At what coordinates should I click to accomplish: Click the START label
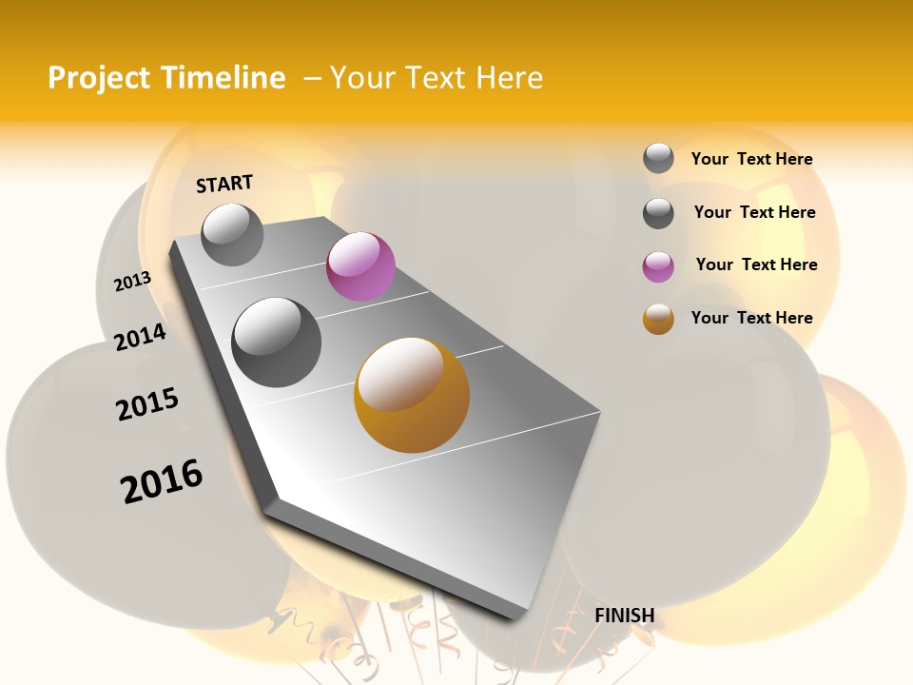pyautogui.click(x=224, y=184)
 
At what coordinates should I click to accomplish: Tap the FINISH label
pyautogui.click(x=624, y=616)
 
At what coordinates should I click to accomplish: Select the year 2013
pyautogui.click(x=132, y=282)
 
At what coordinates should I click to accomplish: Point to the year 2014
pyautogui.click(x=140, y=337)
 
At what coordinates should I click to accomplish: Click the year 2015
pyautogui.click(x=147, y=404)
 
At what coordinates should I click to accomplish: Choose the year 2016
pyautogui.click(x=162, y=480)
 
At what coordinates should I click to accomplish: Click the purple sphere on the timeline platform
pyautogui.click(x=360, y=266)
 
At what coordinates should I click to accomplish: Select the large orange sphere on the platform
pyautogui.click(x=412, y=395)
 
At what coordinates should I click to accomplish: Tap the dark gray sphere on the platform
pyautogui.click(x=277, y=342)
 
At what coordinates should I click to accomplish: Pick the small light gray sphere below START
pyautogui.click(x=232, y=234)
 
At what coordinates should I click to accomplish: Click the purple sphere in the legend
pyautogui.click(x=658, y=266)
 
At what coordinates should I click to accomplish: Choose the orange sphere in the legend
pyautogui.click(x=658, y=319)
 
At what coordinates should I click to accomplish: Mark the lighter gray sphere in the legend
pyautogui.click(x=658, y=158)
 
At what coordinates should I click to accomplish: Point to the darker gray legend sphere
pyautogui.click(x=658, y=213)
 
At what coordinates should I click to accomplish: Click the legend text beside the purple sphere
pyautogui.click(x=756, y=264)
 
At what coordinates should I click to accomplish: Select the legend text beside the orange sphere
pyautogui.click(x=751, y=318)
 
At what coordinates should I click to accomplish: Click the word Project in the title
pyautogui.click(x=99, y=78)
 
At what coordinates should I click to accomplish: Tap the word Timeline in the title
pyautogui.click(x=223, y=78)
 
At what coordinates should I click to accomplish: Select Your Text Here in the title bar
pyautogui.click(x=437, y=78)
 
